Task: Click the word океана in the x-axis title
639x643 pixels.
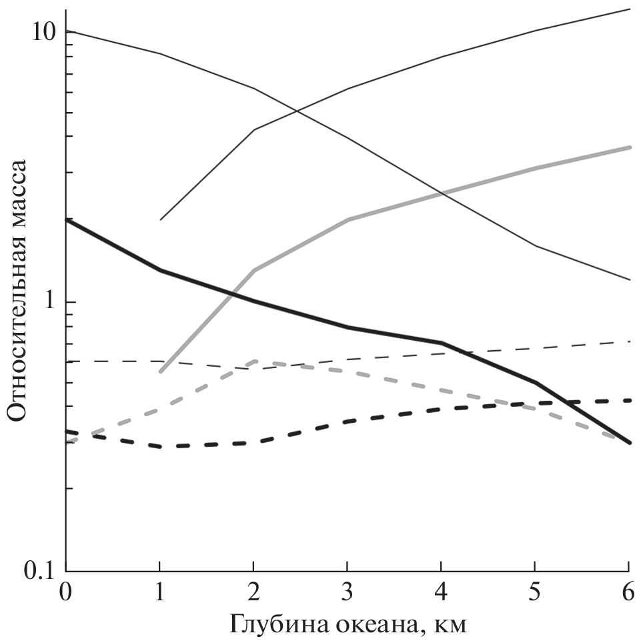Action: (x=380, y=624)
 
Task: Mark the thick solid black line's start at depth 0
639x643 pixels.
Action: (x=66, y=219)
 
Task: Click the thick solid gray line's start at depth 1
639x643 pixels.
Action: (x=160, y=372)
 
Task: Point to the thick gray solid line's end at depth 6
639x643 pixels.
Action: (x=630, y=147)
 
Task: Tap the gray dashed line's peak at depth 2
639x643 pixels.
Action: (x=254, y=361)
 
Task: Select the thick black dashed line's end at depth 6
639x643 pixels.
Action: (x=630, y=400)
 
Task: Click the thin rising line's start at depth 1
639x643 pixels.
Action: (x=160, y=219)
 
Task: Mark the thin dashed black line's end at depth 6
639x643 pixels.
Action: (x=630, y=341)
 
